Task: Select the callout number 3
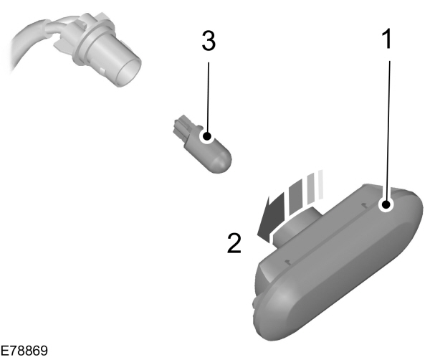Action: [208, 41]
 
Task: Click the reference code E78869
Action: [24, 351]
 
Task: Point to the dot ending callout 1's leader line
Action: [387, 205]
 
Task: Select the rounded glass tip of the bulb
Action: [222, 153]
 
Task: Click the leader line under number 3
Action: [207, 93]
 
